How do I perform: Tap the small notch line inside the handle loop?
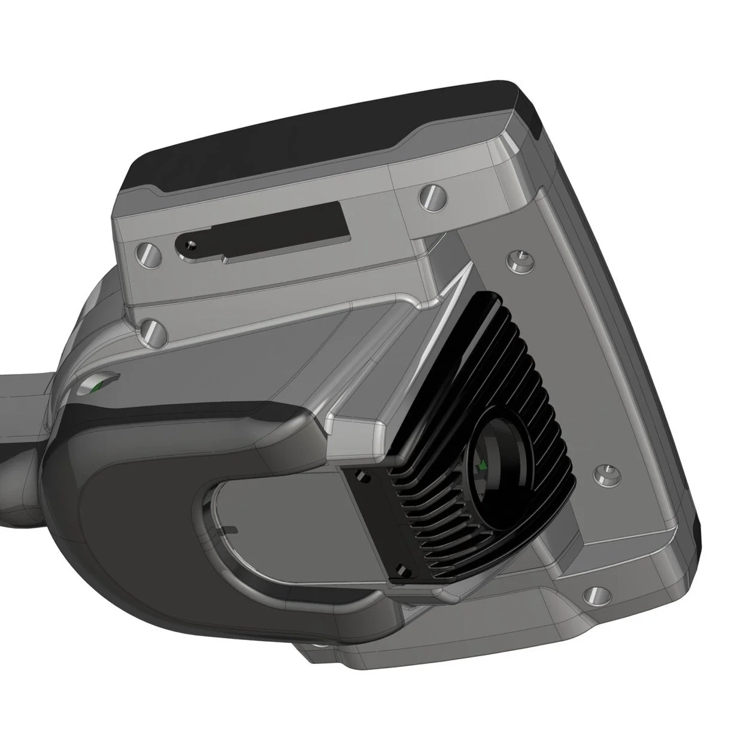click(229, 529)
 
